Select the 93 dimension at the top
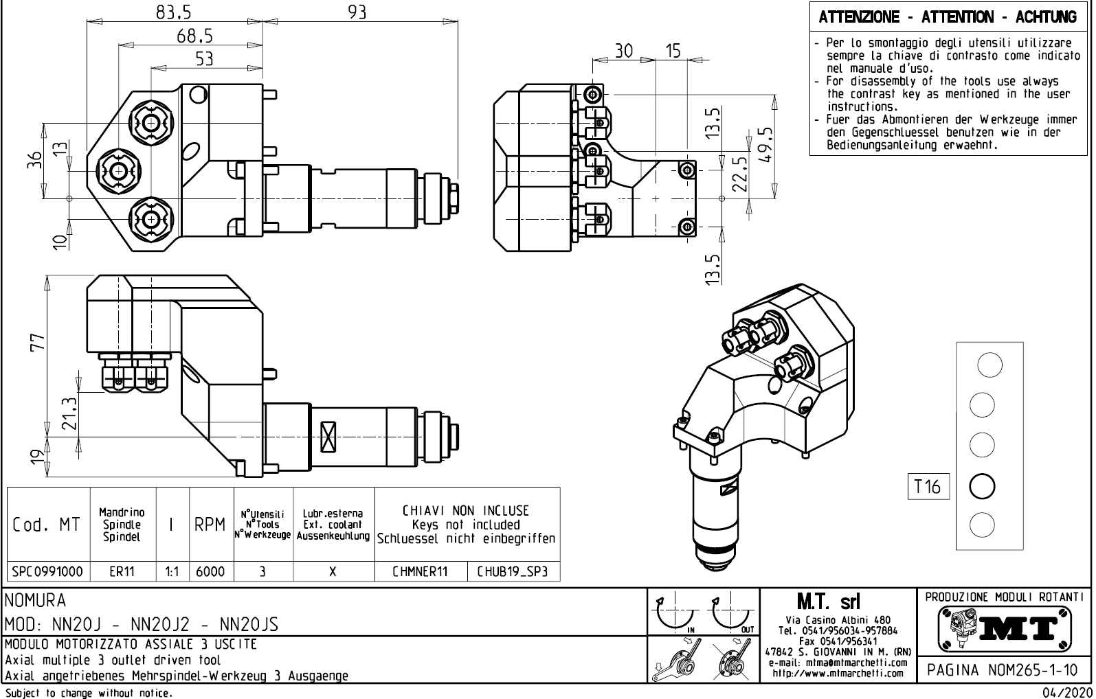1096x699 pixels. pyautogui.click(x=357, y=12)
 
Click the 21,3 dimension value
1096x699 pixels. pyautogui.click(x=69, y=414)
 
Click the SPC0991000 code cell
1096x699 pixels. pyautogui.click(x=48, y=571)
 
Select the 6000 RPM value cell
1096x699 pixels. pyautogui.click(x=210, y=571)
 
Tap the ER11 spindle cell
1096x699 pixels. pyautogui.click(x=122, y=571)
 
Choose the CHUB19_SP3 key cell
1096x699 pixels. pyautogui.click(x=513, y=571)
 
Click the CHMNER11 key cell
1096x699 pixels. pyautogui.click(x=420, y=571)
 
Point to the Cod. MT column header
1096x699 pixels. pyautogui.click(x=47, y=525)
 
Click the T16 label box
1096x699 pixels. pyautogui.click(x=927, y=487)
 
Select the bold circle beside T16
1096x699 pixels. pyautogui.click(x=981, y=486)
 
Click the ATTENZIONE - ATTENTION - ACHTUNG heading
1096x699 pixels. pyautogui.click(x=948, y=17)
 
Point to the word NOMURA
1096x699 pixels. pyautogui.click(x=35, y=602)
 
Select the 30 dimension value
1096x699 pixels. pyautogui.click(x=623, y=51)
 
